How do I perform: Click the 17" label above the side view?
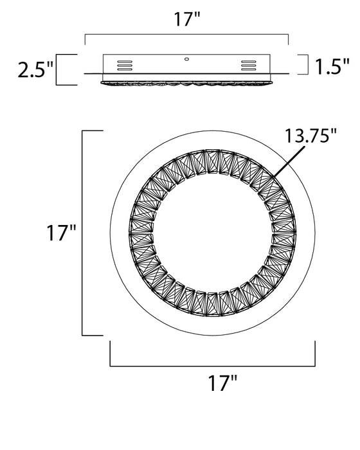186,19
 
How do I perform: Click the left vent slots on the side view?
125,65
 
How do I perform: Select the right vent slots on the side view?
248,65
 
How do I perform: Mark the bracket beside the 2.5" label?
62,69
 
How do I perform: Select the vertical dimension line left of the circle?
84,233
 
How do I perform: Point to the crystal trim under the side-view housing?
186,82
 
